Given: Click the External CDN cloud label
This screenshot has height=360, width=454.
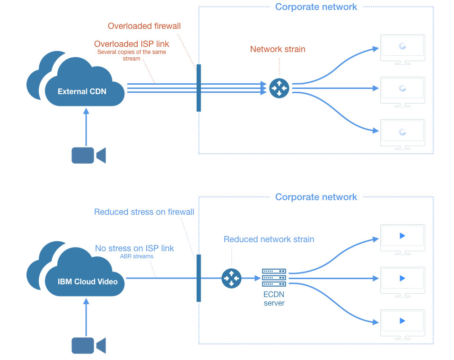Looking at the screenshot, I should click(82, 91).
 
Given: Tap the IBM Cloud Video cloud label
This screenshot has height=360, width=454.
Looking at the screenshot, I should click(87, 281).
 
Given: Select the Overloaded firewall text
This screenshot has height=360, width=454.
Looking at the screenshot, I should click(144, 26).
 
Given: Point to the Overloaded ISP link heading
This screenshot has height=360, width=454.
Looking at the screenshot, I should click(131, 44).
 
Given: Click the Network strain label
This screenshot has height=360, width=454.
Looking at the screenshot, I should click(278, 49).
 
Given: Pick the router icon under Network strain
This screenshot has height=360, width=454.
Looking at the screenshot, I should click(279, 88).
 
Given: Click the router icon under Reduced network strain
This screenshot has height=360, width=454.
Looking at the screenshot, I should click(231, 278).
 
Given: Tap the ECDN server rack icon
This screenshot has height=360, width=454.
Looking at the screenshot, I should click(274, 278).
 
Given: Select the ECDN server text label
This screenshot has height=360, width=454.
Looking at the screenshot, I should click(274, 299).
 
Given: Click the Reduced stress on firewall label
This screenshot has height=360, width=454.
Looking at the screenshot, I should click(144, 212).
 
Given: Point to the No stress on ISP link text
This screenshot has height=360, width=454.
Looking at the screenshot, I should click(134, 248).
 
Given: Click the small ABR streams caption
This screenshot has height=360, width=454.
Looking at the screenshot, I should click(137, 257).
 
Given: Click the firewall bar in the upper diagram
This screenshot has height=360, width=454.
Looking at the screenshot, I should click(199, 88).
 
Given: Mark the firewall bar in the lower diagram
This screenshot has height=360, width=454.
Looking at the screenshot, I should click(199, 278).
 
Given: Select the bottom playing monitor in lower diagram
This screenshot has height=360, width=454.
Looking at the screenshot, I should click(402, 323).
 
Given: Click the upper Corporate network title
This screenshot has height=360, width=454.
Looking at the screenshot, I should click(316, 7).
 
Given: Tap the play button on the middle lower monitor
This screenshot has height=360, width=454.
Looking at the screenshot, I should click(402, 278).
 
